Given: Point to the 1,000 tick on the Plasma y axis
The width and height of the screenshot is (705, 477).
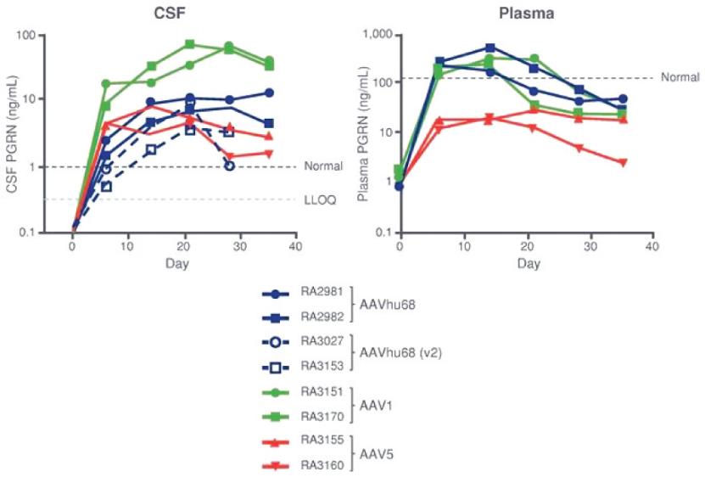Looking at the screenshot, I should coord(378,35).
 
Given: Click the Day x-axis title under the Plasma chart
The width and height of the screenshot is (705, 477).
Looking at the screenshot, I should coord(529,265).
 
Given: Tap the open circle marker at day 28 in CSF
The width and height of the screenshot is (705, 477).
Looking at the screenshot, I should coord(229,166).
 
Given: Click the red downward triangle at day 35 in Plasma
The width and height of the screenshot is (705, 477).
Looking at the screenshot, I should coord(624,162).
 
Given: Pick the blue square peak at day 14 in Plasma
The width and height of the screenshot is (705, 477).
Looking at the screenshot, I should coord(490,48).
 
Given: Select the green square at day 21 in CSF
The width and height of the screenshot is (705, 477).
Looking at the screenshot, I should coord(190,44).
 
